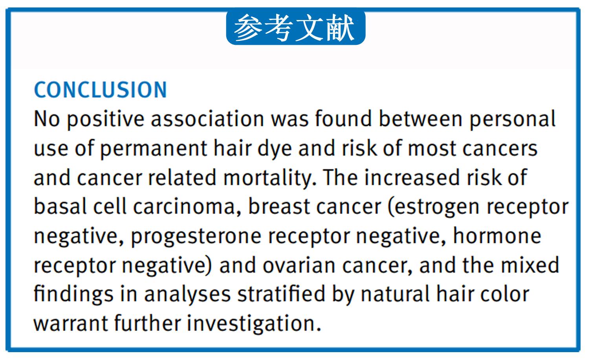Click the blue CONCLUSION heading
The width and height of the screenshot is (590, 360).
(100, 90)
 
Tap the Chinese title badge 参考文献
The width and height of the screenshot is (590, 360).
(295, 27)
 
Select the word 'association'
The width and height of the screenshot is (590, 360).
(207, 119)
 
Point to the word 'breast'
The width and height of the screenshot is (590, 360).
(279, 206)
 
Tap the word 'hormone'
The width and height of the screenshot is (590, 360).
(497, 236)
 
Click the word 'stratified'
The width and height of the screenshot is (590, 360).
(281, 294)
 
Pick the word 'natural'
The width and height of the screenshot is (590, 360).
(395, 294)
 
